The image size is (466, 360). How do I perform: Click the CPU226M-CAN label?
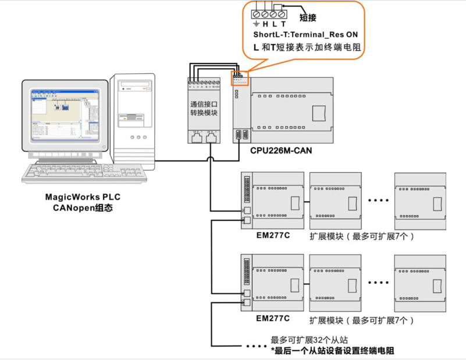tap(281, 151)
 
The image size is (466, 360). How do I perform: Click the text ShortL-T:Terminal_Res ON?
tap(305, 35)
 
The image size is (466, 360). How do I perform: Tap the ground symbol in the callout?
tap(257, 24)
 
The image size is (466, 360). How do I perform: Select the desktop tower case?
tap(134, 116)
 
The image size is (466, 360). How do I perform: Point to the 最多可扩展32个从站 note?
tap(310, 340)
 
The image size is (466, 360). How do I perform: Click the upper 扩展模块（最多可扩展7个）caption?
tap(361, 237)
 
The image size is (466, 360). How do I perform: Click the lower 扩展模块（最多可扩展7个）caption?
tap(361, 320)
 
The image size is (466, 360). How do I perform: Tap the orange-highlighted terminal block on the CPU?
tap(240, 79)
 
